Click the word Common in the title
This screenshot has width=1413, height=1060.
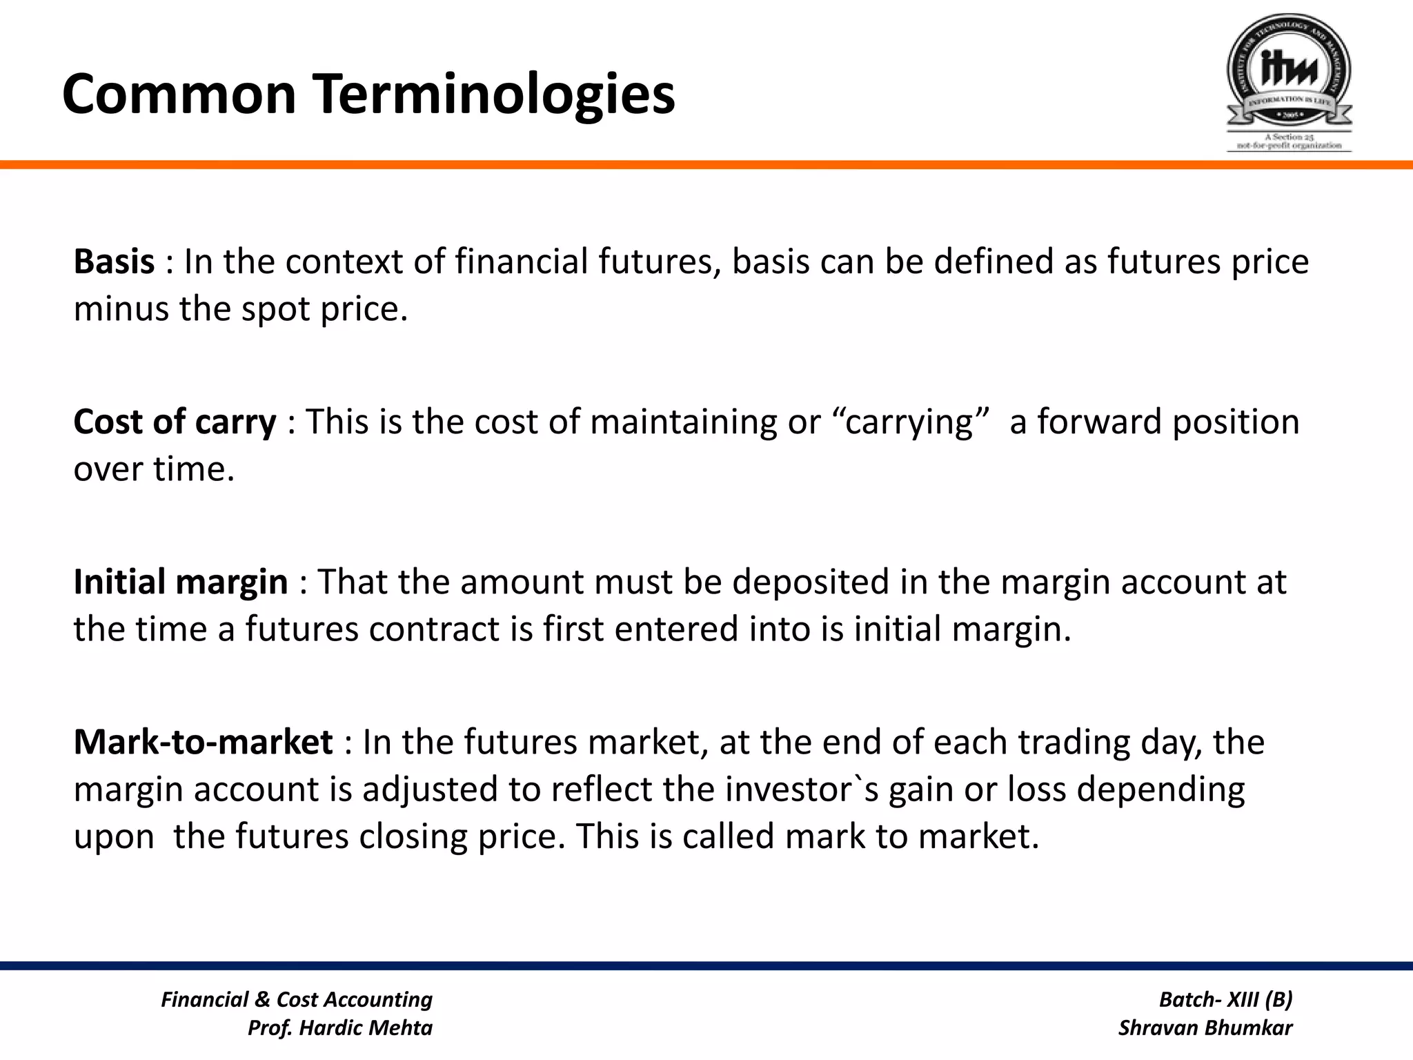click(179, 95)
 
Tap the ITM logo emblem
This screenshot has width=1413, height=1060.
click(1288, 72)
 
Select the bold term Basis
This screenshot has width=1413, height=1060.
click(114, 262)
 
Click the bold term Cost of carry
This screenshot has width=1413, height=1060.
click(175, 422)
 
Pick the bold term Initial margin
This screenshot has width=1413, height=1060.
click(180, 582)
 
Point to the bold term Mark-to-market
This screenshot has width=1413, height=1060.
click(203, 743)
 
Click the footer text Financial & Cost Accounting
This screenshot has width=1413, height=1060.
click(297, 999)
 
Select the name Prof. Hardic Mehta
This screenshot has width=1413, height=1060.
click(339, 1028)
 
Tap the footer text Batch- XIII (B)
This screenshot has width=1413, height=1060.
click(1225, 999)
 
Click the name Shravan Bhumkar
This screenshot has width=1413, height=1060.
click(1205, 1028)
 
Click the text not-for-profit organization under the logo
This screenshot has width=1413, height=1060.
click(1289, 146)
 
